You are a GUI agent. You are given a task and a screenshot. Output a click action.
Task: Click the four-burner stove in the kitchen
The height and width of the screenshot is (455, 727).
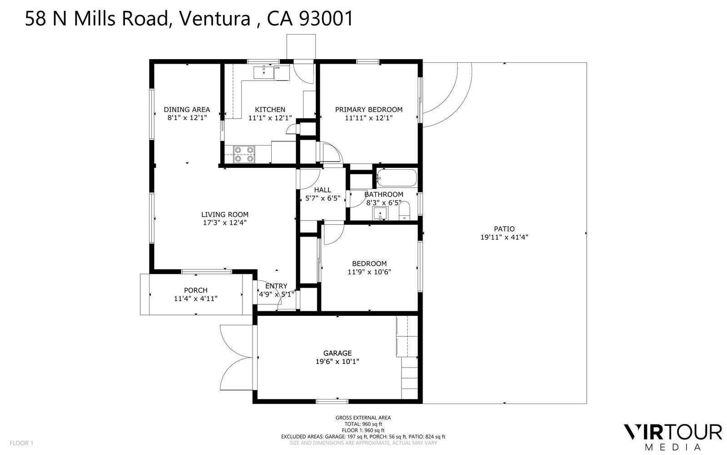click(244, 154)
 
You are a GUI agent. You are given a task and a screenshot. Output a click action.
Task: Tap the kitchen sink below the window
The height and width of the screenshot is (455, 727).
click(264, 72)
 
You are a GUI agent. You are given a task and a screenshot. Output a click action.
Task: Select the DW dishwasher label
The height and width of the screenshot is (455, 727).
click(278, 68)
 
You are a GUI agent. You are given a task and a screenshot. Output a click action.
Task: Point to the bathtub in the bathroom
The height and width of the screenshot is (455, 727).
click(397, 178)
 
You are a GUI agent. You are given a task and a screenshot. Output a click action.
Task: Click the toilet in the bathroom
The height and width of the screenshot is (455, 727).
click(404, 211)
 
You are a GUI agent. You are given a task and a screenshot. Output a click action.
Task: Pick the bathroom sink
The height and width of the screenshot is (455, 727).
click(380, 213)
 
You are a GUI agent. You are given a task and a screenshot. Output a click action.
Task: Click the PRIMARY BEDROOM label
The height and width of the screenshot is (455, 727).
click(368, 110)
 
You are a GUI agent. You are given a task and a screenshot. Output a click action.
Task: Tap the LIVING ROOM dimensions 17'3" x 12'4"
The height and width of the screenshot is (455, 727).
click(224, 222)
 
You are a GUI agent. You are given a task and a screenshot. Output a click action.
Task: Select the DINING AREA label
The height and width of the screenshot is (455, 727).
click(187, 110)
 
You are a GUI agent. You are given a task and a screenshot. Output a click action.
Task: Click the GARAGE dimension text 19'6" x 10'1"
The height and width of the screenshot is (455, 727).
click(337, 361)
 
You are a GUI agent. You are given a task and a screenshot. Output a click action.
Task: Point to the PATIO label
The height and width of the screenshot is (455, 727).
click(504, 229)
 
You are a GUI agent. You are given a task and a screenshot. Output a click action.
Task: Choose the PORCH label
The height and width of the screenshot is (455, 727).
click(196, 290)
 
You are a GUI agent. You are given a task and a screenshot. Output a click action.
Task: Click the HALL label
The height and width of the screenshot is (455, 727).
click(323, 190)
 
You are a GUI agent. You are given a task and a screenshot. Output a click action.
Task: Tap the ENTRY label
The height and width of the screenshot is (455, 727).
click(276, 286)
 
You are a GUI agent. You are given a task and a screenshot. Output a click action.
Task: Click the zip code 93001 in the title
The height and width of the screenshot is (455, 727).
click(325, 19)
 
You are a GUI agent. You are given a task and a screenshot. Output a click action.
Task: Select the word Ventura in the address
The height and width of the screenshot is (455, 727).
click(215, 19)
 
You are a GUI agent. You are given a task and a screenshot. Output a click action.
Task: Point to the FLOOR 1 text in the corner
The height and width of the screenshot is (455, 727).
click(21, 443)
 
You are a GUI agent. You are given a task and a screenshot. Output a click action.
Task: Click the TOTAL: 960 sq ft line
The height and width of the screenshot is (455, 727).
click(363, 424)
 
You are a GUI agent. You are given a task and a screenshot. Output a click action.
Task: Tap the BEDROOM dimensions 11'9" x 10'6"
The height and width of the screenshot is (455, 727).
click(369, 272)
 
